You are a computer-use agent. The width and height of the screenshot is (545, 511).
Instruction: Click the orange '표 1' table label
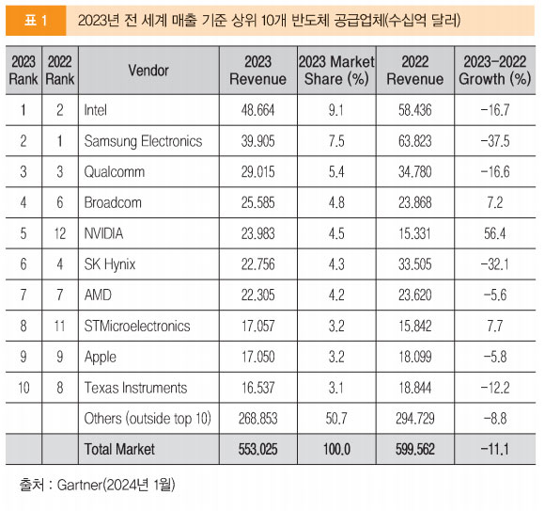[x=36, y=21]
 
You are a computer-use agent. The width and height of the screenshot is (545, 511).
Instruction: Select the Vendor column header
[x=148, y=71]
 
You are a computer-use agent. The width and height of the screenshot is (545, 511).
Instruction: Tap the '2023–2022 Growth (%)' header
[x=494, y=71]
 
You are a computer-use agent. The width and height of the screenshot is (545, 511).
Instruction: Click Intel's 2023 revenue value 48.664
[x=257, y=110]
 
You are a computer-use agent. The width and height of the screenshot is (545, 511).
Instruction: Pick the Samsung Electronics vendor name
[x=143, y=141]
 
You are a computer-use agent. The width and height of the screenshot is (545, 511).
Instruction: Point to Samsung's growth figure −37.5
[x=495, y=141]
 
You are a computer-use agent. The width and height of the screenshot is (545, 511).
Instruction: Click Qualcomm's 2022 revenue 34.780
[x=415, y=172]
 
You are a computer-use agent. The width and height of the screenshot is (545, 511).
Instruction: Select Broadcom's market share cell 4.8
[x=336, y=202]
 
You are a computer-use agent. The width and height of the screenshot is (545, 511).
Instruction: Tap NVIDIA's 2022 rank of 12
[x=60, y=233]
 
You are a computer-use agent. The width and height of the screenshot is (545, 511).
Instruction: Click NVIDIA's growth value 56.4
[x=495, y=233]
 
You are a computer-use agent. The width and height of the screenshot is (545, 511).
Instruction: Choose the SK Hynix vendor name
[x=110, y=264]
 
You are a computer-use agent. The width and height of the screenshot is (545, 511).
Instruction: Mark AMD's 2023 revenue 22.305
[x=257, y=295]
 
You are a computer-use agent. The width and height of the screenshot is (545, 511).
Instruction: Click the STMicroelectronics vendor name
[x=137, y=327]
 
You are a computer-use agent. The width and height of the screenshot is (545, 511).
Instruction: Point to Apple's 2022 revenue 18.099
[x=415, y=357]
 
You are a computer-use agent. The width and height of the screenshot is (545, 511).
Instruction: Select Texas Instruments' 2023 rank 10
[x=23, y=388]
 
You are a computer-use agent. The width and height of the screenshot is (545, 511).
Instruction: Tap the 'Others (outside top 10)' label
[x=148, y=419]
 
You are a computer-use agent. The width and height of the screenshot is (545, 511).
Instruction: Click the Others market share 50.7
[x=336, y=419]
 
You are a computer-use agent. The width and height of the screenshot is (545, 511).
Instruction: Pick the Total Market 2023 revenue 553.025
[x=257, y=449]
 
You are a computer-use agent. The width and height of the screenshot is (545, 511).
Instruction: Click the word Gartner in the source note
[x=80, y=485]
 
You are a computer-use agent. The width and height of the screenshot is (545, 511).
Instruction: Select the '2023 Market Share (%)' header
[x=336, y=71]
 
